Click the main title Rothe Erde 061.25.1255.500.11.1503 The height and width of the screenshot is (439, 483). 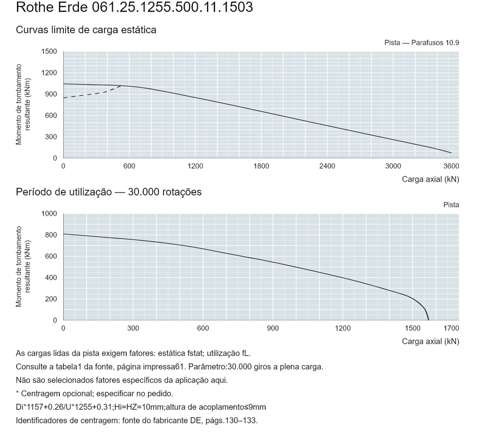pos(134,7)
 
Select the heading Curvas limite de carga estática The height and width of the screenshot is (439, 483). pos(86,30)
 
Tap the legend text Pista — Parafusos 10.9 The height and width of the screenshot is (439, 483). pos(422,43)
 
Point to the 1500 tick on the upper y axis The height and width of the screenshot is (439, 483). pos(49,51)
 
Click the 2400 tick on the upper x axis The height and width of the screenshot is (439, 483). pos(327,166)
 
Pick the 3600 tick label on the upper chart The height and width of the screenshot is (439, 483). pos(451,166)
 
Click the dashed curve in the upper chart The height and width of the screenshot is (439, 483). pos(92,93)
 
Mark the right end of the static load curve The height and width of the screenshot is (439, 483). pos(451,153)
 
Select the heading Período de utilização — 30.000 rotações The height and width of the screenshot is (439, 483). pos(109,192)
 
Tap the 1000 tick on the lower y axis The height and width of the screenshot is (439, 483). pos(49,214)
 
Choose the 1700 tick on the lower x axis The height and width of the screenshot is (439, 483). pos(451,328)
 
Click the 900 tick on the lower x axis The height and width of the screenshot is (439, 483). pos(273,328)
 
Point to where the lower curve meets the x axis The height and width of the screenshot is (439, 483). pos(428,320)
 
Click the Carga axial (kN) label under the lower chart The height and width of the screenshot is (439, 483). pos(430,341)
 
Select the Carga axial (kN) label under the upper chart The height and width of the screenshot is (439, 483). pos(430,180)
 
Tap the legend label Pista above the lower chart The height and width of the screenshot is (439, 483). pos(451,205)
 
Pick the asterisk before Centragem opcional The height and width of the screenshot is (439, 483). pos(18,393)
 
